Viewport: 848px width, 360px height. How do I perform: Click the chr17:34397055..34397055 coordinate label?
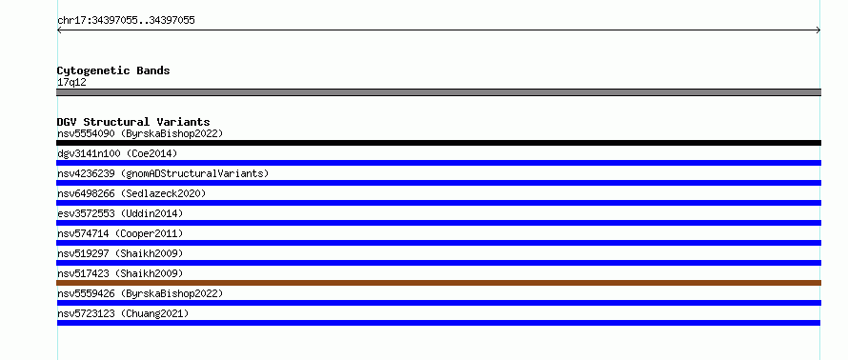[x=126, y=21]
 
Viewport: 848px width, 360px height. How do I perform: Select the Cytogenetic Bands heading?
[x=113, y=70]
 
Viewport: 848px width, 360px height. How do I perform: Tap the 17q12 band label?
[x=71, y=82]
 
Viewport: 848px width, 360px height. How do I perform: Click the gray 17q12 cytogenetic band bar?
[x=438, y=92]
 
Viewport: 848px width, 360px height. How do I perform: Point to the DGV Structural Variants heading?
[x=133, y=122]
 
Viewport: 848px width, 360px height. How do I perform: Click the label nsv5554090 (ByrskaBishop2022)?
[x=140, y=133]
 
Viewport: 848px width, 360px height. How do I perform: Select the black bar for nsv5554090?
[x=438, y=143]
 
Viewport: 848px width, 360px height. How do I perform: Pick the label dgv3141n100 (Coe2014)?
[x=117, y=153]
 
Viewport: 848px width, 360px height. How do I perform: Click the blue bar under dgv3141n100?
[x=438, y=163]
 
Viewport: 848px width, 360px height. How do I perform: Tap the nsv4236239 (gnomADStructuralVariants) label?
[x=163, y=173]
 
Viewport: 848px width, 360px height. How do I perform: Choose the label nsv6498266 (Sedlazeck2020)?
[x=131, y=193]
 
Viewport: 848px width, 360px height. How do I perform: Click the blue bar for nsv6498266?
[x=438, y=203]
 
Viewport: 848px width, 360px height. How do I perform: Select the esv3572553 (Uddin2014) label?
[x=120, y=213]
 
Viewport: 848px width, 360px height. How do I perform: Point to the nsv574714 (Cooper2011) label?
[x=120, y=233]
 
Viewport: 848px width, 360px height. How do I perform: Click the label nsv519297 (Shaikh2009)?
[x=120, y=253]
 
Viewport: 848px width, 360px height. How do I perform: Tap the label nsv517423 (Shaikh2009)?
[x=120, y=273]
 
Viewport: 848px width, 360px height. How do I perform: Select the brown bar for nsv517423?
[x=438, y=283]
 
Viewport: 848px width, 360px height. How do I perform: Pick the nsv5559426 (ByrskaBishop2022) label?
[x=140, y=293]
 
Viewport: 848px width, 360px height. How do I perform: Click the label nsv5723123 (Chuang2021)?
[x=123, y=313]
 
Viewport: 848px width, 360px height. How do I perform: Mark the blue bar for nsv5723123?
[x=438, y=323]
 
